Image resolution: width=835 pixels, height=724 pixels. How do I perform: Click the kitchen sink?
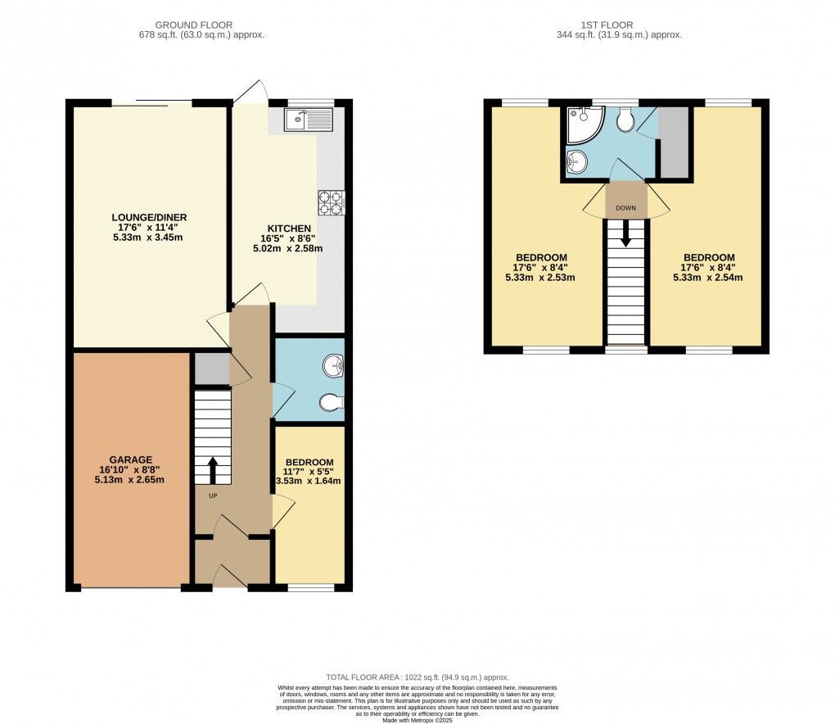309,121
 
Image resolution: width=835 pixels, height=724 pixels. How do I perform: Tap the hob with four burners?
331,202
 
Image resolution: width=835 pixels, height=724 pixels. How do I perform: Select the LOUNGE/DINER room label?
149,217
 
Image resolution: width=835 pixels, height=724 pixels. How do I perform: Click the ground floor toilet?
332,402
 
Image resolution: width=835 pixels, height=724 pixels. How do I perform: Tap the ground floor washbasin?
334,366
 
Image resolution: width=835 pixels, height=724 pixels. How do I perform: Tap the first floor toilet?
626,121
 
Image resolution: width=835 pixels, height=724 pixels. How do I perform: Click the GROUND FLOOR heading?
201,25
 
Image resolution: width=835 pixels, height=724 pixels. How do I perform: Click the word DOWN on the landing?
626,208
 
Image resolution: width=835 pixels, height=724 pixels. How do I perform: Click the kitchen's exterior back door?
250,92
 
